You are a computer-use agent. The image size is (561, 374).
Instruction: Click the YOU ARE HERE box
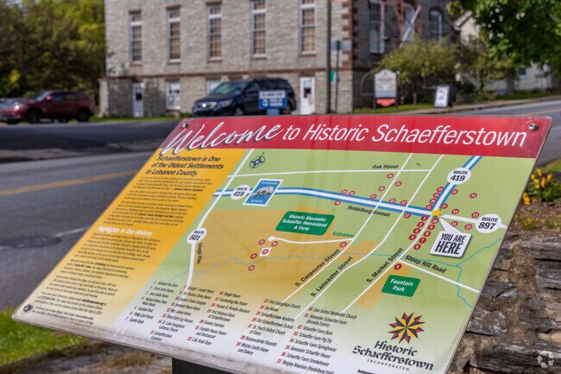pos(450,244)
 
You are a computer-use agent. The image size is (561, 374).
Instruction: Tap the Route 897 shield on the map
pos(488,223)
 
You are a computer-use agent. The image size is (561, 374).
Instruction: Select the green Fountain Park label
pos(400,286)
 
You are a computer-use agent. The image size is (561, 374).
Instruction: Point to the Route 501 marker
pos(197,235)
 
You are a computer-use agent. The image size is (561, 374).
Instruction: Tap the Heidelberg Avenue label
pos(369,210)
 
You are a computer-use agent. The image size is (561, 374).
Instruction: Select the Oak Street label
pos(385,166)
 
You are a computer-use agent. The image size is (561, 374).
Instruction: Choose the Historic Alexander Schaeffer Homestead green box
pos(305,223)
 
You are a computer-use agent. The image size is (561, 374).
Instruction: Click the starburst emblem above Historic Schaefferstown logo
pos(406,327)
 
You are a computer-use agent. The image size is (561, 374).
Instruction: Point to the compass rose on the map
pos(257,161)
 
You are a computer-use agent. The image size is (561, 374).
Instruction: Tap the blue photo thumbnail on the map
pos(262,192)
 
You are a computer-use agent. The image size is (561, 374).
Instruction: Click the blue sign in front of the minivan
pos(273,101)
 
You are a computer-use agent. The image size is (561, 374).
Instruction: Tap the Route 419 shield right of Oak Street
pos(458,176)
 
